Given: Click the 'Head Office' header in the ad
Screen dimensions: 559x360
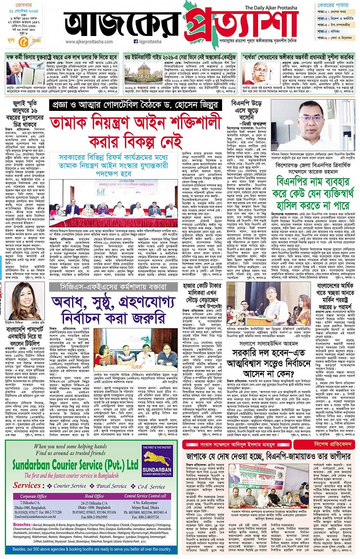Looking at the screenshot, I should point(94,496).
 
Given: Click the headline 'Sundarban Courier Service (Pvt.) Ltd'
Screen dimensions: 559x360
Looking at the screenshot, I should point(73,464).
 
